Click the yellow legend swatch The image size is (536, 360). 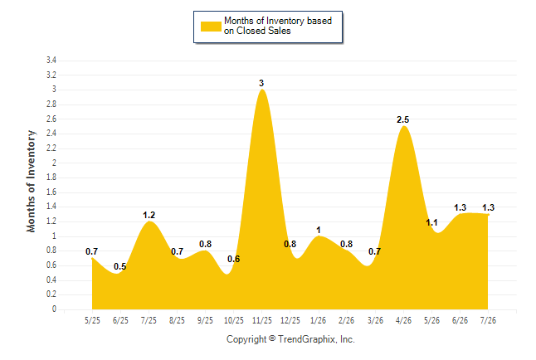[x=211, y=27]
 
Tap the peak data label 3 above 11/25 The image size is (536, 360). [x=261, y=83]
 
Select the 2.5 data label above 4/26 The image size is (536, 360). [x=402, y=119]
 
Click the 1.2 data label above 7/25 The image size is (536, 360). [x=149, y=215]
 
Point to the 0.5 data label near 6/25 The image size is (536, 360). [x=120, y=266]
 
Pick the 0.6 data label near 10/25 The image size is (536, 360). [x=233, y=259]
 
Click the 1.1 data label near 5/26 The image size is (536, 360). [x=431, y=222]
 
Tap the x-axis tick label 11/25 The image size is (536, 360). [x=262, y=320]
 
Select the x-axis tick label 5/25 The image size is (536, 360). [x=92, y=320]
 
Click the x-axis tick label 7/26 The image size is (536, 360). [x=488, y=320]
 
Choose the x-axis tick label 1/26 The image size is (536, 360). [x=319, y=320]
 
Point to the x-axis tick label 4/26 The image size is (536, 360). [x=403, y=320]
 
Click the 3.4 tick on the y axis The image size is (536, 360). [x=51, y=61]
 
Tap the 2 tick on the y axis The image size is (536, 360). [x=54, y=163]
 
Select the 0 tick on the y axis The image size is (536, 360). [x=54, y=309]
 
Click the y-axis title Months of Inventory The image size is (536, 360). [x=31, y=181]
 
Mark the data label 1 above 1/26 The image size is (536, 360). [x=319, y=230]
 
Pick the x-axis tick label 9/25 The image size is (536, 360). [x=206, y=320]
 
